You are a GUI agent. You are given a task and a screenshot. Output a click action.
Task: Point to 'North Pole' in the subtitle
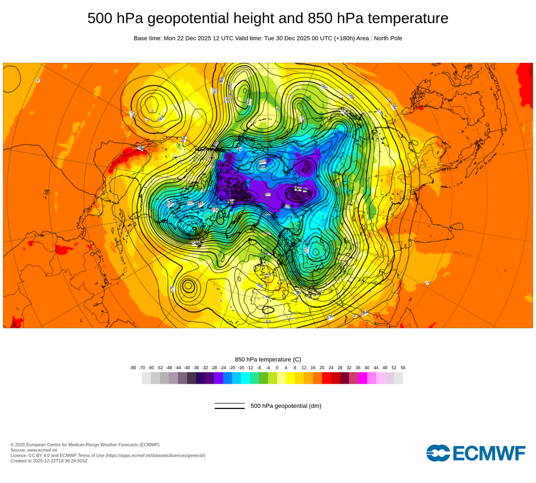pyautogui.click(x=385, y=38)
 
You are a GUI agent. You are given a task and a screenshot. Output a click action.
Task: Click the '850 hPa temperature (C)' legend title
pyautogui.click(x=268, y=359)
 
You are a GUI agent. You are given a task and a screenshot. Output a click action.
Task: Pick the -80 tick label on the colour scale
pyautogui.click(x=133, y=368)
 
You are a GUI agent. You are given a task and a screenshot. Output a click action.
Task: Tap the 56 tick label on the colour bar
pyautogui.click(x=403, y=368)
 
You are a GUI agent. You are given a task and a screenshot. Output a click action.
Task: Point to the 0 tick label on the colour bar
pyautogui.click(x=277, y=368)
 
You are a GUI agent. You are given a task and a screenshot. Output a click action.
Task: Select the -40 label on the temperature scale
pyautogui.click(x=187, y=368)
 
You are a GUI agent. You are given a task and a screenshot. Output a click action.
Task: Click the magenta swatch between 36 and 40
pyautogui.click(x=362, y=378)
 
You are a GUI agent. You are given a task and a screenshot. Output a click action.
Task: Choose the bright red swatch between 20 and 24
pyautogui.click(x=326, y=378)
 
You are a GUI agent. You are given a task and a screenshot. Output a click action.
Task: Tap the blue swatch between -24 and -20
pyautogui.click(x=227, y=378)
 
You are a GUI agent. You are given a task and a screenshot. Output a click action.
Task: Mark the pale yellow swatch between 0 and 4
pyautogui.click(x=281, y=378)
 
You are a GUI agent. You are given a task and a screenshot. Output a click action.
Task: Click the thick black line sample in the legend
pyautogui.click(x=229, y=408)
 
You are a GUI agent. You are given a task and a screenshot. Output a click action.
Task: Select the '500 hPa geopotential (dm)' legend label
pyautogui.click(x=286, y=406)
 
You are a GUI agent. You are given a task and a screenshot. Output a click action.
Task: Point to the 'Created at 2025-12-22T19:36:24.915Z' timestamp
pyautogui.click(x=49, y=460)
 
